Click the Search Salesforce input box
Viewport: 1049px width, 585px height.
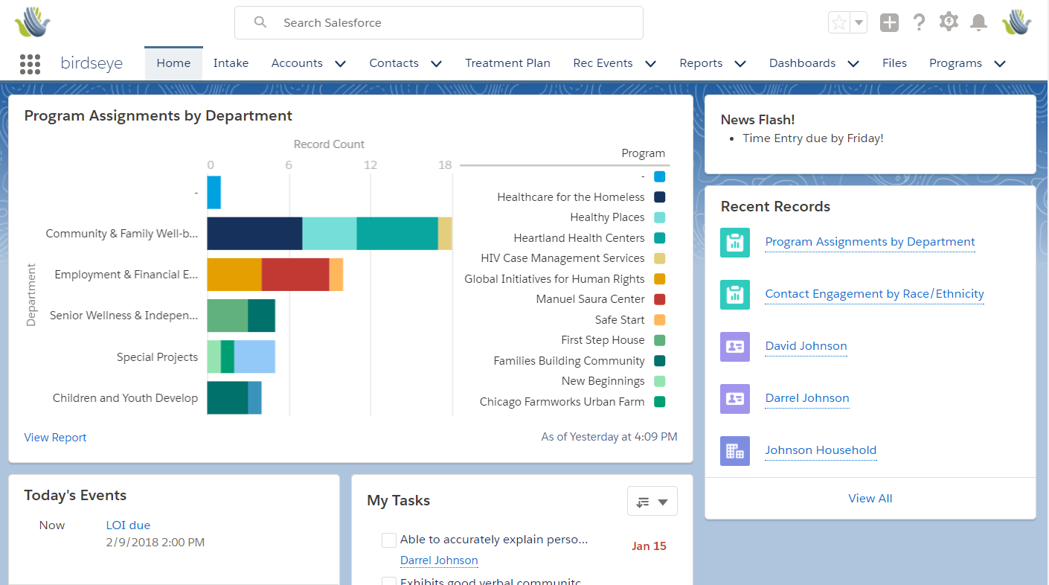pyautogui.click(x=439, y=23)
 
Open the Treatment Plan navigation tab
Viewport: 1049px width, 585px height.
pyautogui.click(x=507, y=63)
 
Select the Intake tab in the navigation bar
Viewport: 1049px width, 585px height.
pyautogui.click(x=231, y=63)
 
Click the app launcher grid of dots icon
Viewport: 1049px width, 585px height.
pyautogui.click(x=30, y=64)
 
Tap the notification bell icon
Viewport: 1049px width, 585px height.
pyautogui.click(x=978, y=22)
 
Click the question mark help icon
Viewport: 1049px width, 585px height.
pyautogui.click(x=919, y=22)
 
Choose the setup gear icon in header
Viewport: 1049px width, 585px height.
pyautogui.click(x=949, y=22)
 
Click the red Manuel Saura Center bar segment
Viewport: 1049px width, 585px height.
pyautogui.click(x=295, y=275)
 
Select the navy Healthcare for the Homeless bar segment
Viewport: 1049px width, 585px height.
pyautogui.click(x=254, y=234)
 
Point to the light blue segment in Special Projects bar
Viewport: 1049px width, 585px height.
pyautogui.click(x=254, y=357)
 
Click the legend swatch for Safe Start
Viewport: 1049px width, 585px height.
pyautogui.click(x=659, y=320)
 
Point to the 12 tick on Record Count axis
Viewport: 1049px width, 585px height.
pyautogui.click(x=370, y=165)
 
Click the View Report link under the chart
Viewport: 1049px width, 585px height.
pyautogui.click(x=55, y=438)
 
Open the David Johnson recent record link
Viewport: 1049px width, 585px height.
pyautogui.click(x=806, y=346)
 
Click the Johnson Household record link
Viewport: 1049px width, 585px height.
pyautogui.click(x=821, y=450)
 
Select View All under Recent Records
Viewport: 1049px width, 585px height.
pyautogui.click(x=870, y=499)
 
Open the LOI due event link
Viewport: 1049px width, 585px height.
pyautogui.click(x=128, y=525)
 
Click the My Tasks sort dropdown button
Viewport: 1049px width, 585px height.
pyautogui.click(x=652, y=502)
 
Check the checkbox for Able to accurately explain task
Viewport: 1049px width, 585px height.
pyautogui.click(x=388, y=540)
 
